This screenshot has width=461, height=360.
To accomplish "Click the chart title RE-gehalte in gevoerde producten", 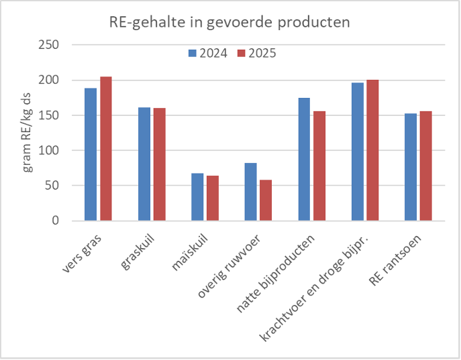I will pos(230,21).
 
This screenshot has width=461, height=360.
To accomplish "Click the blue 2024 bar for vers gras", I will pos(91,154).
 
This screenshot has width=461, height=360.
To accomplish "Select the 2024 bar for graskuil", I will pos(144,164).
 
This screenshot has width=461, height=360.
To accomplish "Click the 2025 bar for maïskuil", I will pos(212,198).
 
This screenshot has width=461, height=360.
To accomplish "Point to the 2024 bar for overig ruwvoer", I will pos(250,192).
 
